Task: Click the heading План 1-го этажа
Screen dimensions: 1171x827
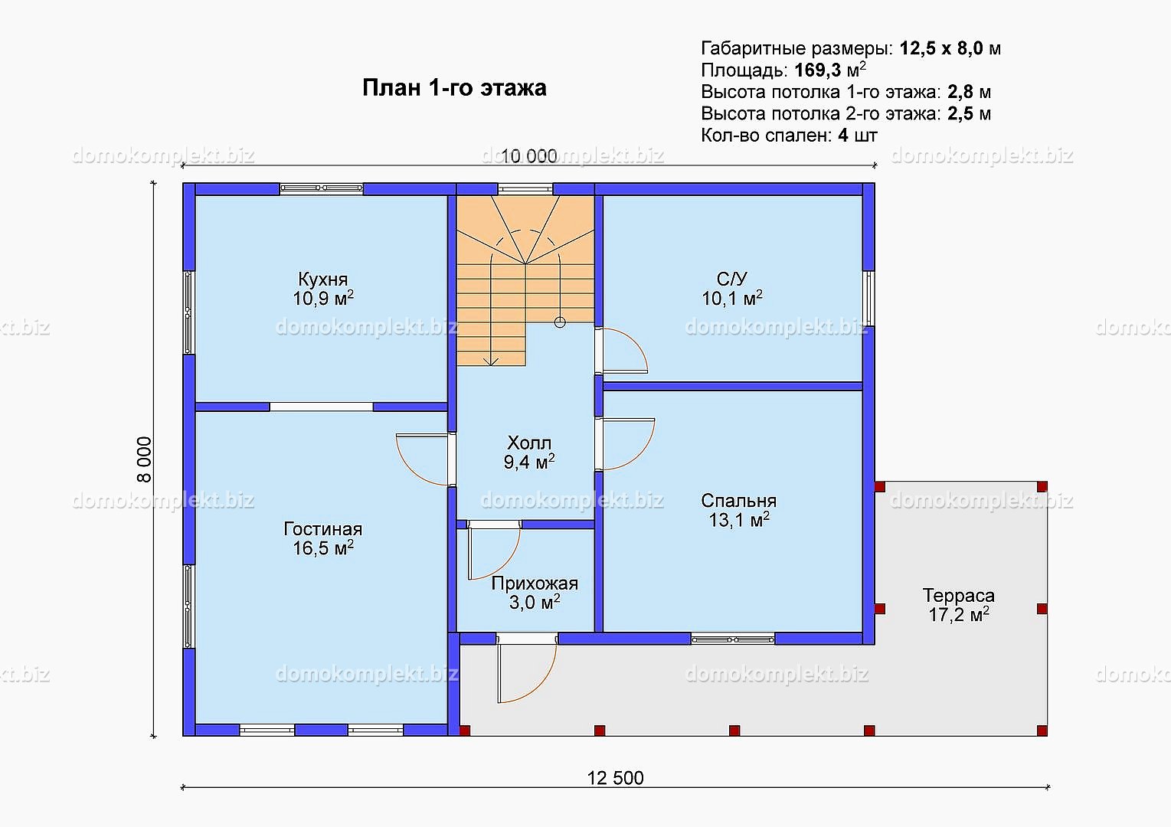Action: [x=454, y=88]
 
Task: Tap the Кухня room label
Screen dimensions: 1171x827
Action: [x=323, y=279]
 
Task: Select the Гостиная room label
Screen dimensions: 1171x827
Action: [x=323, y=529]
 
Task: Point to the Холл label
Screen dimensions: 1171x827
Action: [x=529, y=443]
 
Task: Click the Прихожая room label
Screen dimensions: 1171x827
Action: [x=535, y=583]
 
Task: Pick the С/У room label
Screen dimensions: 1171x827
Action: [x=732, y=279]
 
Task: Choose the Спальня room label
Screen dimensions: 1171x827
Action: [x=738, y=501]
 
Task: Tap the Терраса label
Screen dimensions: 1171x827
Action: [x=959, y=596]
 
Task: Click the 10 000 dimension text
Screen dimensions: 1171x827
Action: [x=529, y=155]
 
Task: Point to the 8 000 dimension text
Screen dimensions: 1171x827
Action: [x=144, y=459]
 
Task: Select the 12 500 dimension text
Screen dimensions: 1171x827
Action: [x=615, y=779]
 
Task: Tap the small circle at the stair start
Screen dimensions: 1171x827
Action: [x=560, y=322]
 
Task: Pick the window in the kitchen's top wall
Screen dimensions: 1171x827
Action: [x=322, y=188]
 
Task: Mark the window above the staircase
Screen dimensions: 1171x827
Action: [x=525, y=188]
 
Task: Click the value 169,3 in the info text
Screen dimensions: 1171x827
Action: [x=816, y=70]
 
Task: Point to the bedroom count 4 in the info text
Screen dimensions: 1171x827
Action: [x=843, y=136]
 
